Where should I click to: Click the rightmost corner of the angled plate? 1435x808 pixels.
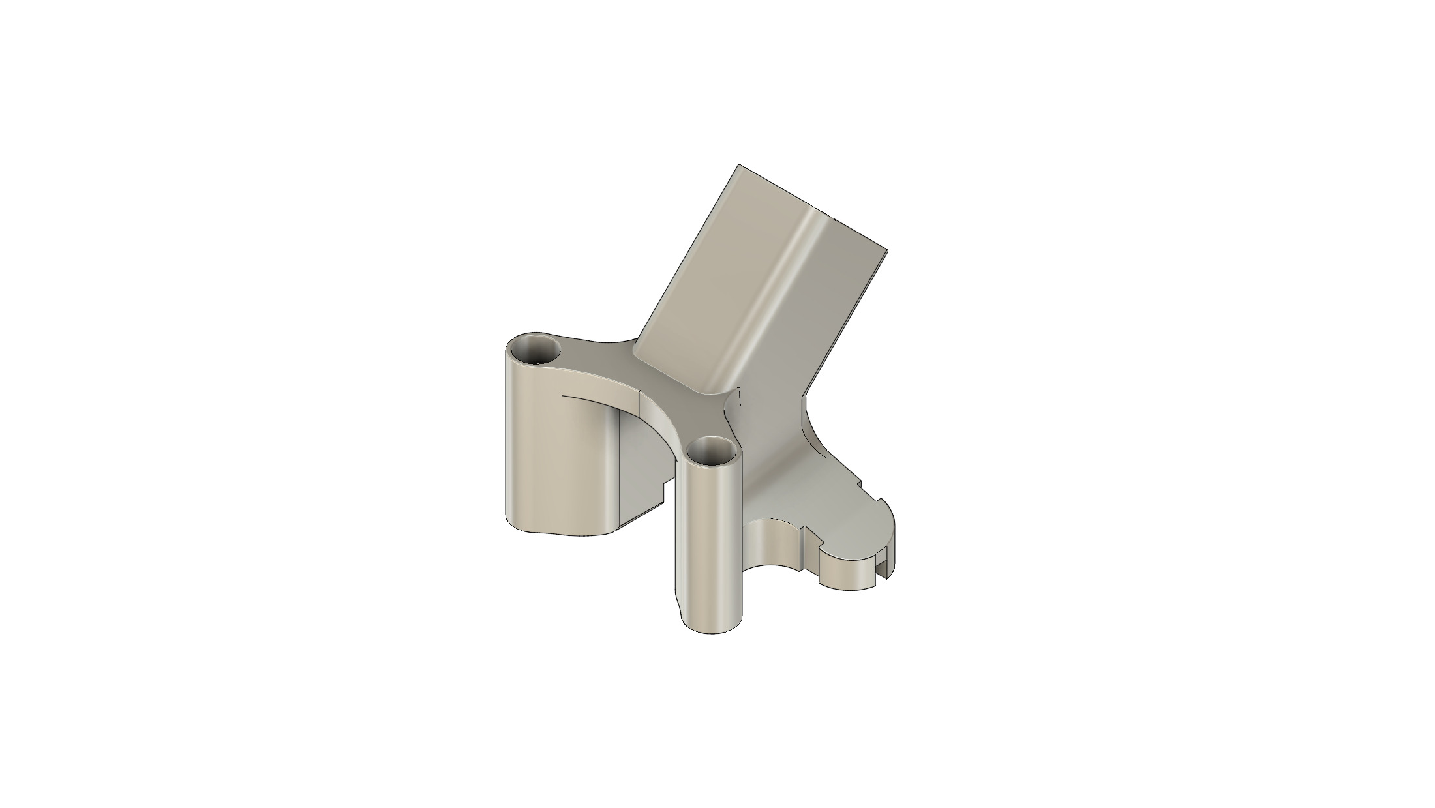(887, 250)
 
